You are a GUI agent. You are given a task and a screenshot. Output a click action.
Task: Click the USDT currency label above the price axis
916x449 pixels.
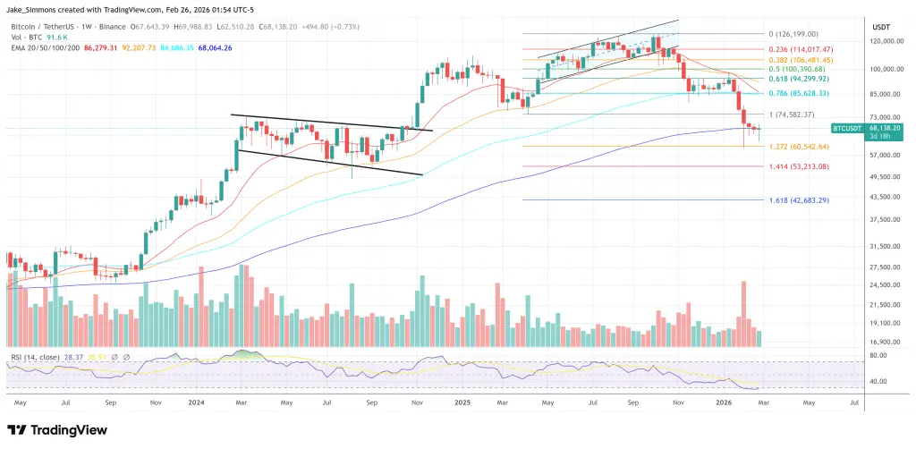tap(882, 26)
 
